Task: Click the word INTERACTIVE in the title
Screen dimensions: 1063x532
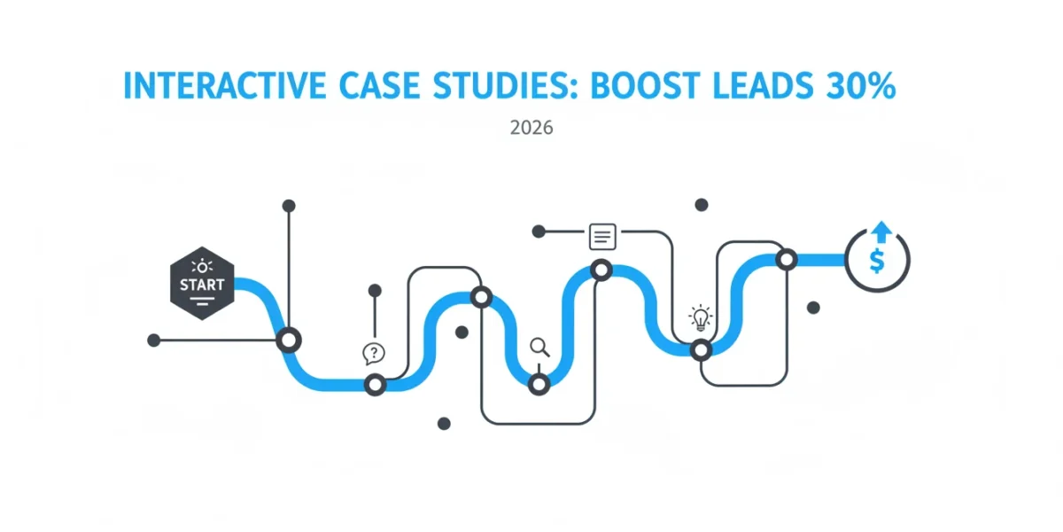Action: click(x=224, y=86)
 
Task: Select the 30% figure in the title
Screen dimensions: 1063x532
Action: click(x=860, y=86)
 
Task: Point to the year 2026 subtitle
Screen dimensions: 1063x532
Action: click(x=531, y=128)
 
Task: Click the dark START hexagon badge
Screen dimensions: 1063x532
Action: click(x=202, y=283)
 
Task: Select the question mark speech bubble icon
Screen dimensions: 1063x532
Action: click(x=374, y=354)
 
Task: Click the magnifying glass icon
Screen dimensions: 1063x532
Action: click(x=539, y=348)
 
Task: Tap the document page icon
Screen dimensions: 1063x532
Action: click(x=602, y=237)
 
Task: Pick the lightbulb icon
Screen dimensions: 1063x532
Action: click(x=701, y=317)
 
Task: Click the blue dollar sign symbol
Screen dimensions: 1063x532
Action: click(x=877, y=261)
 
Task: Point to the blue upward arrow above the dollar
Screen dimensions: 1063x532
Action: click(x=881, y=232)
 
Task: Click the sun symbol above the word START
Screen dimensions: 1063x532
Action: click(x=202, y=267)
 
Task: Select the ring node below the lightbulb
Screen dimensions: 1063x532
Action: click(x=701, y=350)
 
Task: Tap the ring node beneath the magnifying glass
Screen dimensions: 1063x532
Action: click(x=539, y=384)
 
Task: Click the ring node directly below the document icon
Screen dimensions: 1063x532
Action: click(x=601, y=270)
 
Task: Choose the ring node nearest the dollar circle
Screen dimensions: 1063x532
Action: click(x=787, y=259)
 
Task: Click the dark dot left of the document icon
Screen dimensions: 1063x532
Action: click(x=539, y=231)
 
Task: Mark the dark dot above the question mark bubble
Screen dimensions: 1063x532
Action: click(x=375, y=290)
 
